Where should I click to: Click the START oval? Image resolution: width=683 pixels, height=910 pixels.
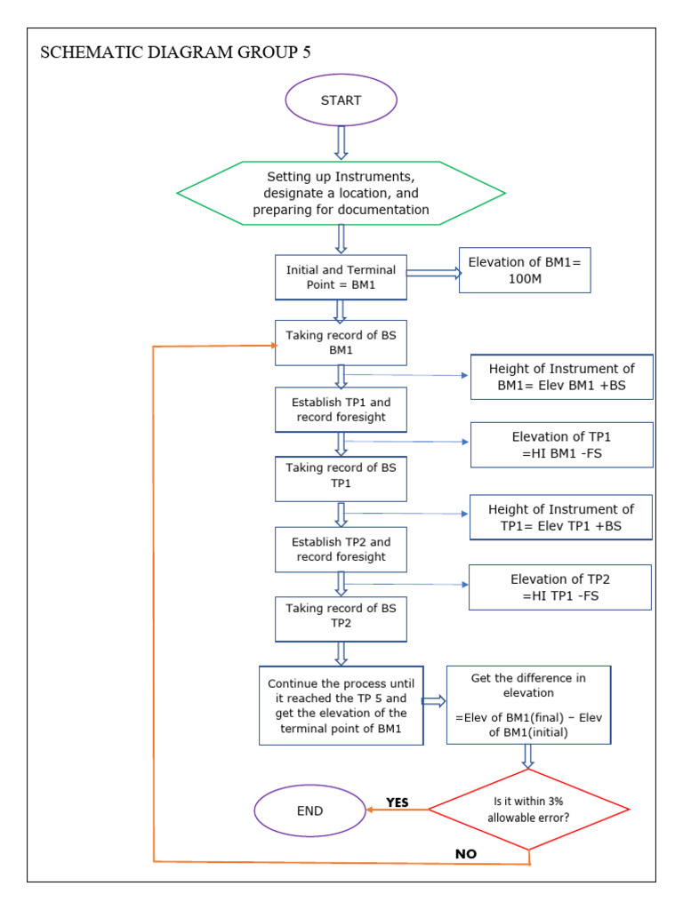[x=341, y=100]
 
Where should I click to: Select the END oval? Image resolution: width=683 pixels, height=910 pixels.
[x=309, y=810]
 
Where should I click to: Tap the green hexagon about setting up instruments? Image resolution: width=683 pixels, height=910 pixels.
[x=341, y=193]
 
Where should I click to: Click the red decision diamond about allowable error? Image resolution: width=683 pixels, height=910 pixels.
[x=528, y=809]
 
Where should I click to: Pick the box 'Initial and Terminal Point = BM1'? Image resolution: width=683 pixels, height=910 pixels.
[x=341, y=277]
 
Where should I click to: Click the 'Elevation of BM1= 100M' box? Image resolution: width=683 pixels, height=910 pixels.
[x=525, y=270]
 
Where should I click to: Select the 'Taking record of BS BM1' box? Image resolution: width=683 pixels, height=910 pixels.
[x=341, y=343]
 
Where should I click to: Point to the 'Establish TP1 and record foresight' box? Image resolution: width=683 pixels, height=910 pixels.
[x=341, y=409]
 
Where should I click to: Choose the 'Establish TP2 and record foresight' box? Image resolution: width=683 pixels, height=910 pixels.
[x=341, y=549]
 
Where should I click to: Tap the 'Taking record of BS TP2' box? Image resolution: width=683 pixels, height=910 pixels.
[x=341, y=616]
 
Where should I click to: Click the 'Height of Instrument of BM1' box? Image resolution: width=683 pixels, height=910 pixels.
[x=561, y=377]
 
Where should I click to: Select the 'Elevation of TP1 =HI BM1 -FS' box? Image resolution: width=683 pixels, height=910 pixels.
[x=561, y=444]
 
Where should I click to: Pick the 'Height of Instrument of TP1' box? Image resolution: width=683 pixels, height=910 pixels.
[x=561, y=517]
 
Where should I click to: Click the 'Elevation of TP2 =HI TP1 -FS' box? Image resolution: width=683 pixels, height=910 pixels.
[x=560, y=587]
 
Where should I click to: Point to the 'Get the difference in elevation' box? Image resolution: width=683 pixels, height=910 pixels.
[x=528, y=705]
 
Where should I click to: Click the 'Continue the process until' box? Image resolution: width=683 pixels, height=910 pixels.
[x=341, y=705]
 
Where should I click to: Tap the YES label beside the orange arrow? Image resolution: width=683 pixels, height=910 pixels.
[x=398, y=802]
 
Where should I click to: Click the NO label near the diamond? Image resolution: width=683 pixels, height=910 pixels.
[x=466, y=854]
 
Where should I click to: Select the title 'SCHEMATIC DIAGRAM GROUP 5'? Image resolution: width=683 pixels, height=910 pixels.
[x=176, y=52]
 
